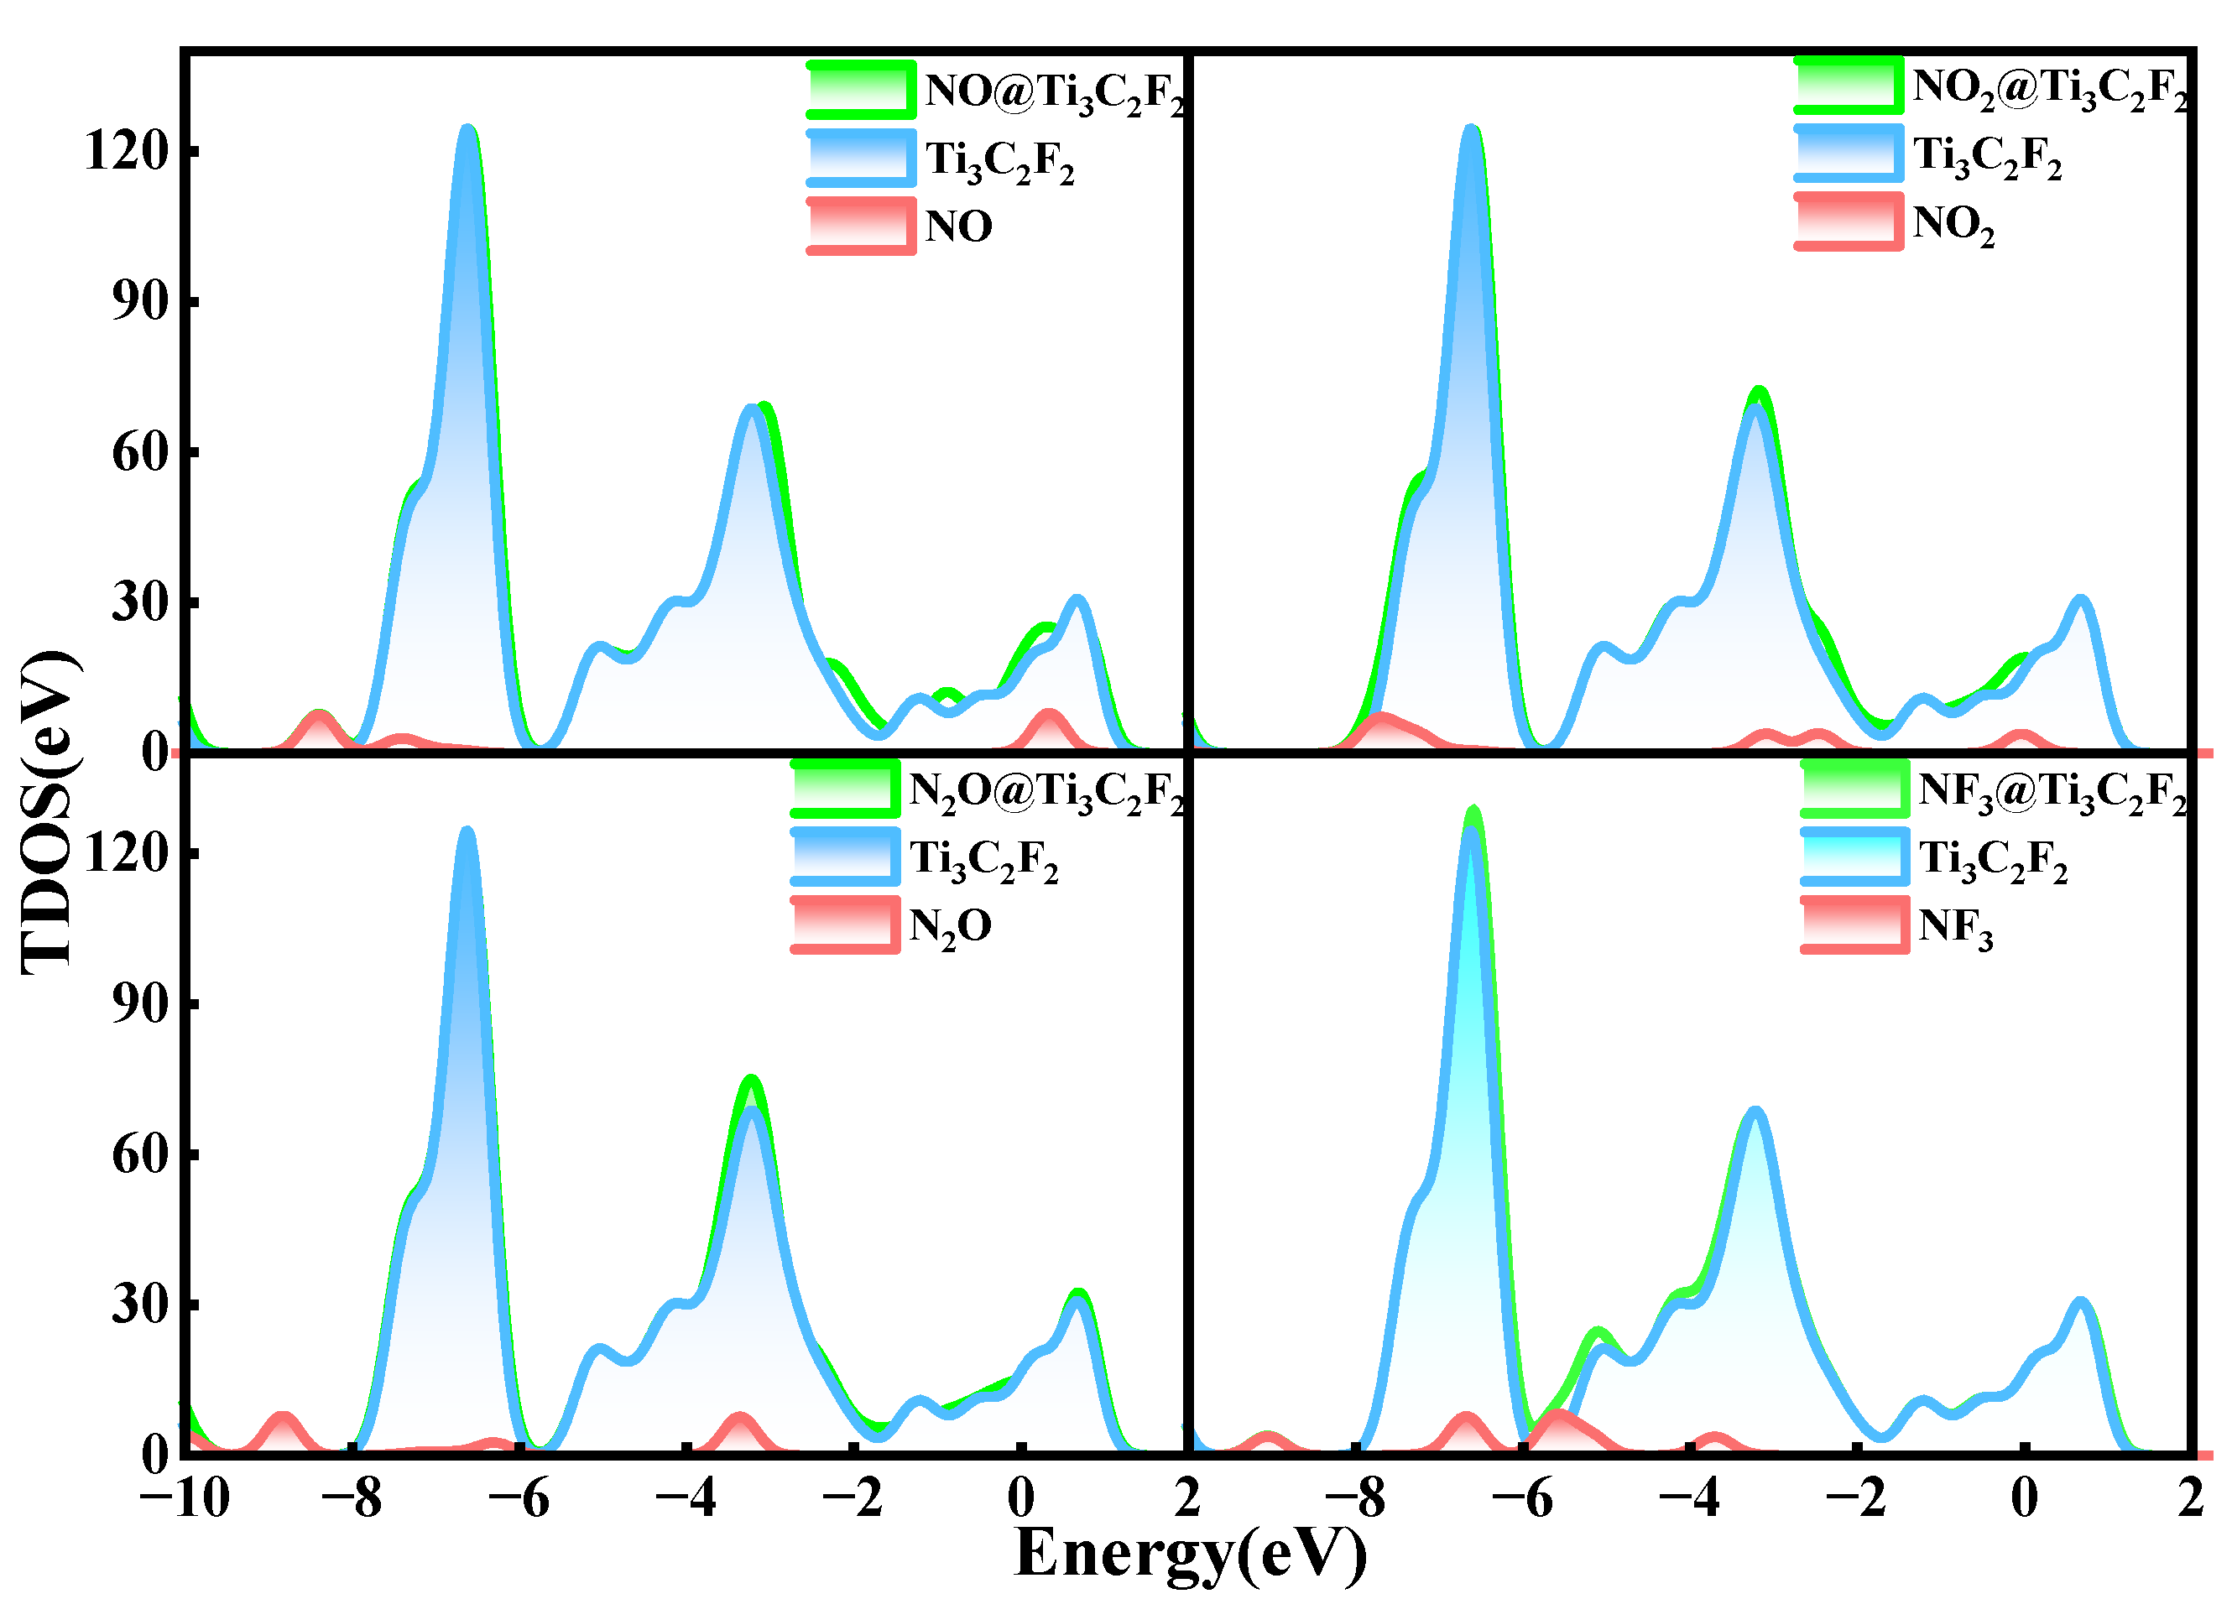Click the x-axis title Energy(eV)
pos(1190,1553)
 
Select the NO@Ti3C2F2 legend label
pos(1053,93)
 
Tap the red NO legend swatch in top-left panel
pos(861,226)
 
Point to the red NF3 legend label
pos(1954,927)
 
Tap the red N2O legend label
pos(950,927)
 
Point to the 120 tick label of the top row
pos(128,152)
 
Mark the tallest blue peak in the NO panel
pos(467,128)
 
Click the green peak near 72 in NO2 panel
pos(1760,392)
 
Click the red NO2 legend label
pos(1953,224)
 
